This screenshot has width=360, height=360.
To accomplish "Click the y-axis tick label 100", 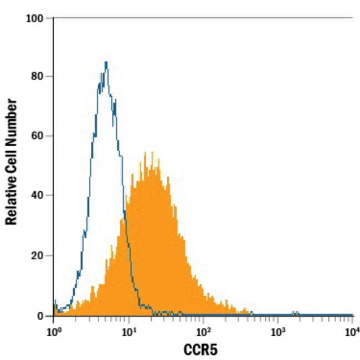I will point(35,18).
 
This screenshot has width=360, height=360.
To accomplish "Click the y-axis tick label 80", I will point(38,76).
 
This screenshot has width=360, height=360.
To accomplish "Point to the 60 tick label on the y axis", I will point(38,136).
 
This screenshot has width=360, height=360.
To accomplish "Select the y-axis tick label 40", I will point(38,195).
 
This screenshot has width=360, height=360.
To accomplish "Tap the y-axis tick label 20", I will point(38,255).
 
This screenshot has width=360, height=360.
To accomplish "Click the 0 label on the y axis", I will point(42,316).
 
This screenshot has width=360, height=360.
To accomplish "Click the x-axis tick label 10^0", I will point(53,332).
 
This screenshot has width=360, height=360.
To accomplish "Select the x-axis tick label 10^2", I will point(203,332).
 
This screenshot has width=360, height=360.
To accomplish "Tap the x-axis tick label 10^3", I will point(278,332).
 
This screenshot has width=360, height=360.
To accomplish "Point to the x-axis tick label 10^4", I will point(352,332).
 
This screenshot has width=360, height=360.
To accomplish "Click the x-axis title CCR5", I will point(203,350).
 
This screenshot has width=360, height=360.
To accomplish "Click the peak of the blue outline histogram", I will point(106,62).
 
